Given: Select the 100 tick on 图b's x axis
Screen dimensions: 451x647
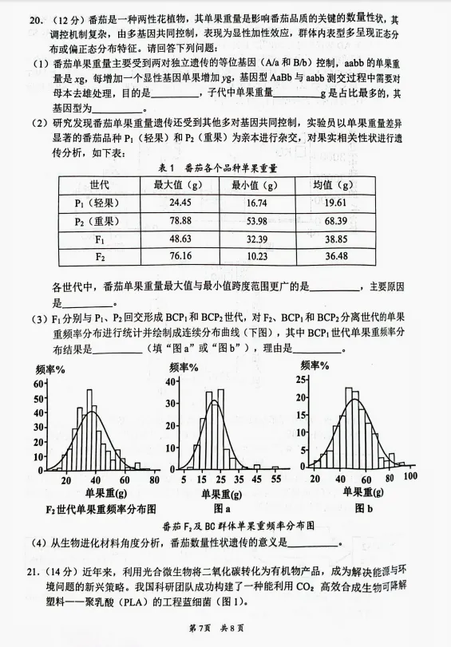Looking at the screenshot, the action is (410, 476).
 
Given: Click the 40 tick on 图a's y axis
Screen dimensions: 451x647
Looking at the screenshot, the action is (169, 381).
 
